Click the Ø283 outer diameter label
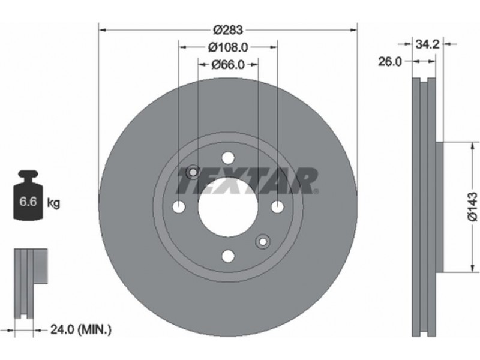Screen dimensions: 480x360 click(x=228, y=29)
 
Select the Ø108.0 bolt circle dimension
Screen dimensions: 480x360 click(x=228, y=47)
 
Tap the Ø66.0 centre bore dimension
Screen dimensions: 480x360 click(x=228, y=64)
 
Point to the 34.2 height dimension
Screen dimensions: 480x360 click(x=427, y=44)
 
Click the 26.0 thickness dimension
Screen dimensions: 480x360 click(x=389, y=62)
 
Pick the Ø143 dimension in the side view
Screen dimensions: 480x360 click(x=472, y=206)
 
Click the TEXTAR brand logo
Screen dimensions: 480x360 click(x=247, y=181)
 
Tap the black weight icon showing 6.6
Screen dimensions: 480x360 click(x=28, y=196)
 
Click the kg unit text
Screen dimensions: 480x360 click(x=53, y=202)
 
